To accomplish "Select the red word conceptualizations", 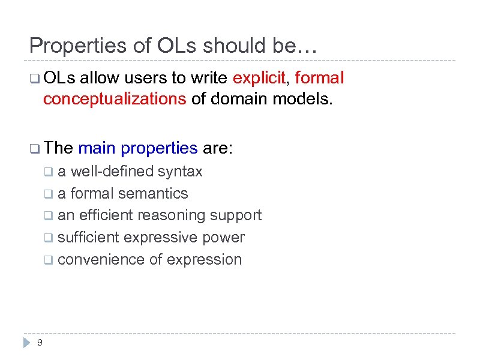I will pyautogui.click(x=115, y=99).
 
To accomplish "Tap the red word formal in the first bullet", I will pyautogui.click(x=320, y=78).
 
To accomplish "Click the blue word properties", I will pyautogui.click(x=159, y=148).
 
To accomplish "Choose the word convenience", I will pyautogui.click(x=96, y=260).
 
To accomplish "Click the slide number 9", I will pyautogui.click(x=40, y=343).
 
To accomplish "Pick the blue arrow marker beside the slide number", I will pyautogui.click(x=26, y=343).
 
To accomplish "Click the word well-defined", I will pyautogui.click(x=113, y=172).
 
